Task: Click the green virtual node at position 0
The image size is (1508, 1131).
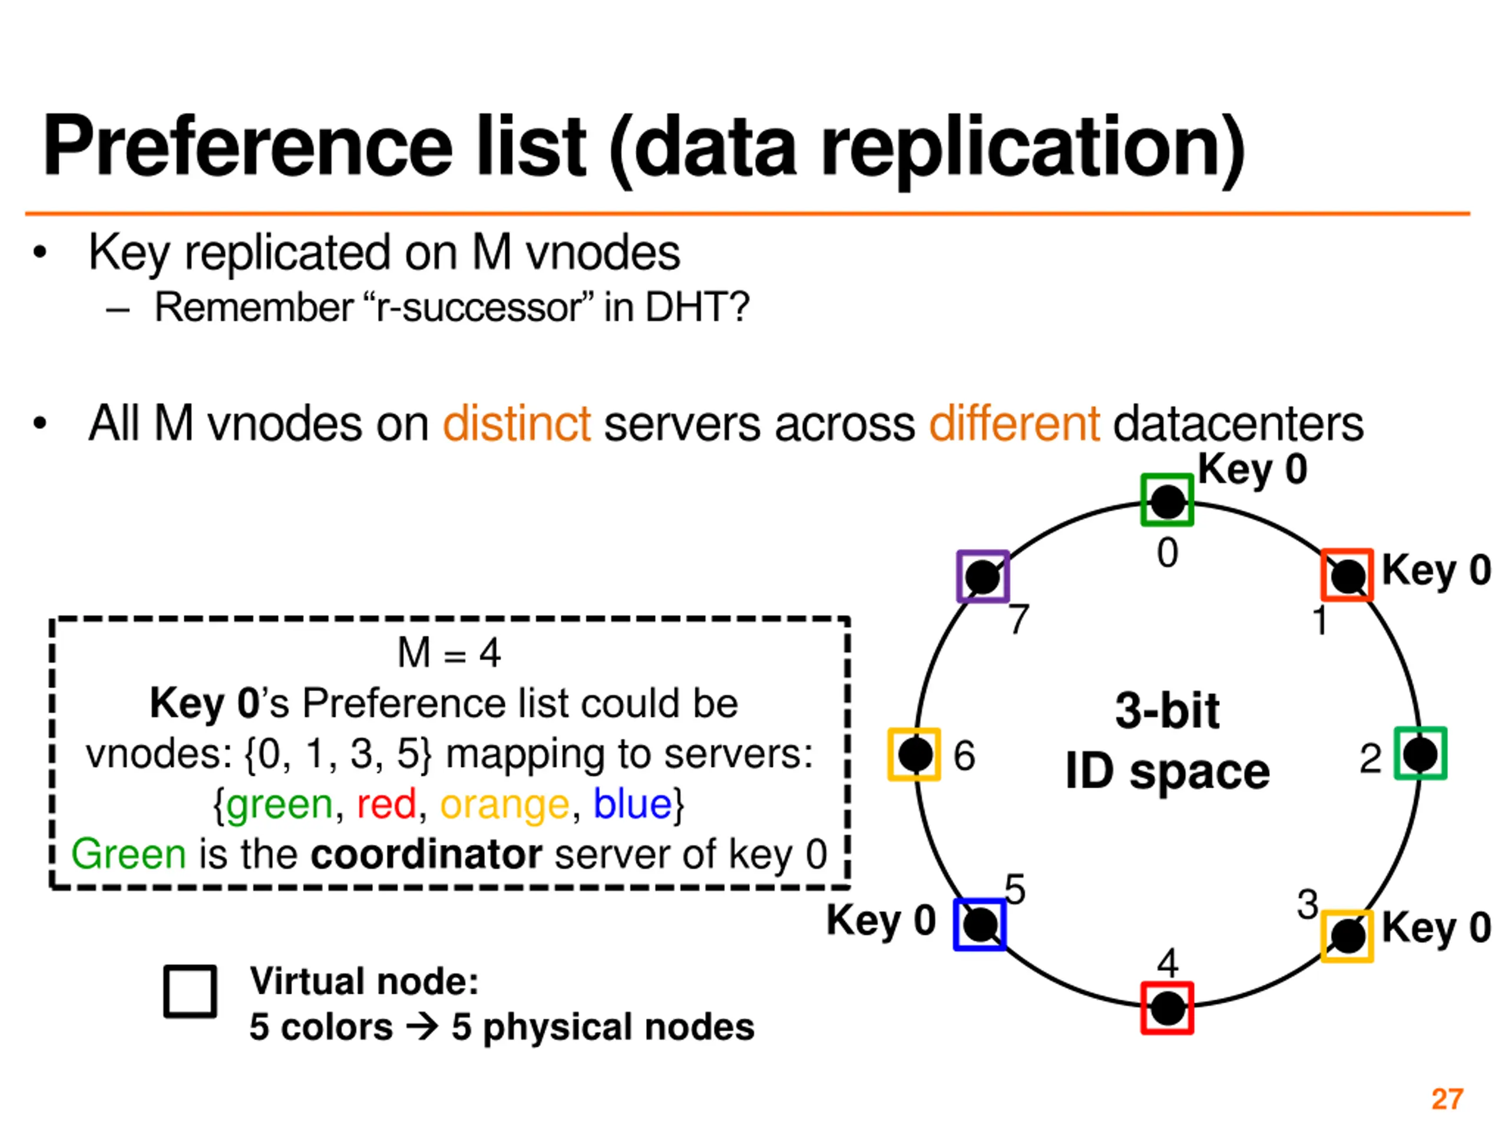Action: click(x=1167, y=500)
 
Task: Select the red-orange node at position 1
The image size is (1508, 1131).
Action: click(x=1347, y=575)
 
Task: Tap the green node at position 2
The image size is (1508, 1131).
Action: click(x=1420, y=753)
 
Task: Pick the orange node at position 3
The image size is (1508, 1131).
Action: click(x=1347, y=936)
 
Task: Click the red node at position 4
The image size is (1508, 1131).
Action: click(x=1167, y=1008)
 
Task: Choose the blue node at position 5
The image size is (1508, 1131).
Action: click(x=980, y=924)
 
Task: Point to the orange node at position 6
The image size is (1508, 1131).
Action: click(x=914, y=754)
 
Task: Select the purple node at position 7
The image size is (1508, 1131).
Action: click(x=983, y=577)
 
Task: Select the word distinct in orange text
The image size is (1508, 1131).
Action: click(x=517, y=424)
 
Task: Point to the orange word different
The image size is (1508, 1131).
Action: click(x=1014, y=424)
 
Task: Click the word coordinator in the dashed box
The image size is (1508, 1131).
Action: click(x=426, y=854)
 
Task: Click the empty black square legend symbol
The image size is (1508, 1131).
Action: click(x=190, y=991)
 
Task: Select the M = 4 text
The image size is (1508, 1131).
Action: click(x=449, y=653)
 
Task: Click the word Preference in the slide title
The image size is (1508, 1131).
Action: click(x=247, y=147)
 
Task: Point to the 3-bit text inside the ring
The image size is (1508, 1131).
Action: click(x=1167, y=711)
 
